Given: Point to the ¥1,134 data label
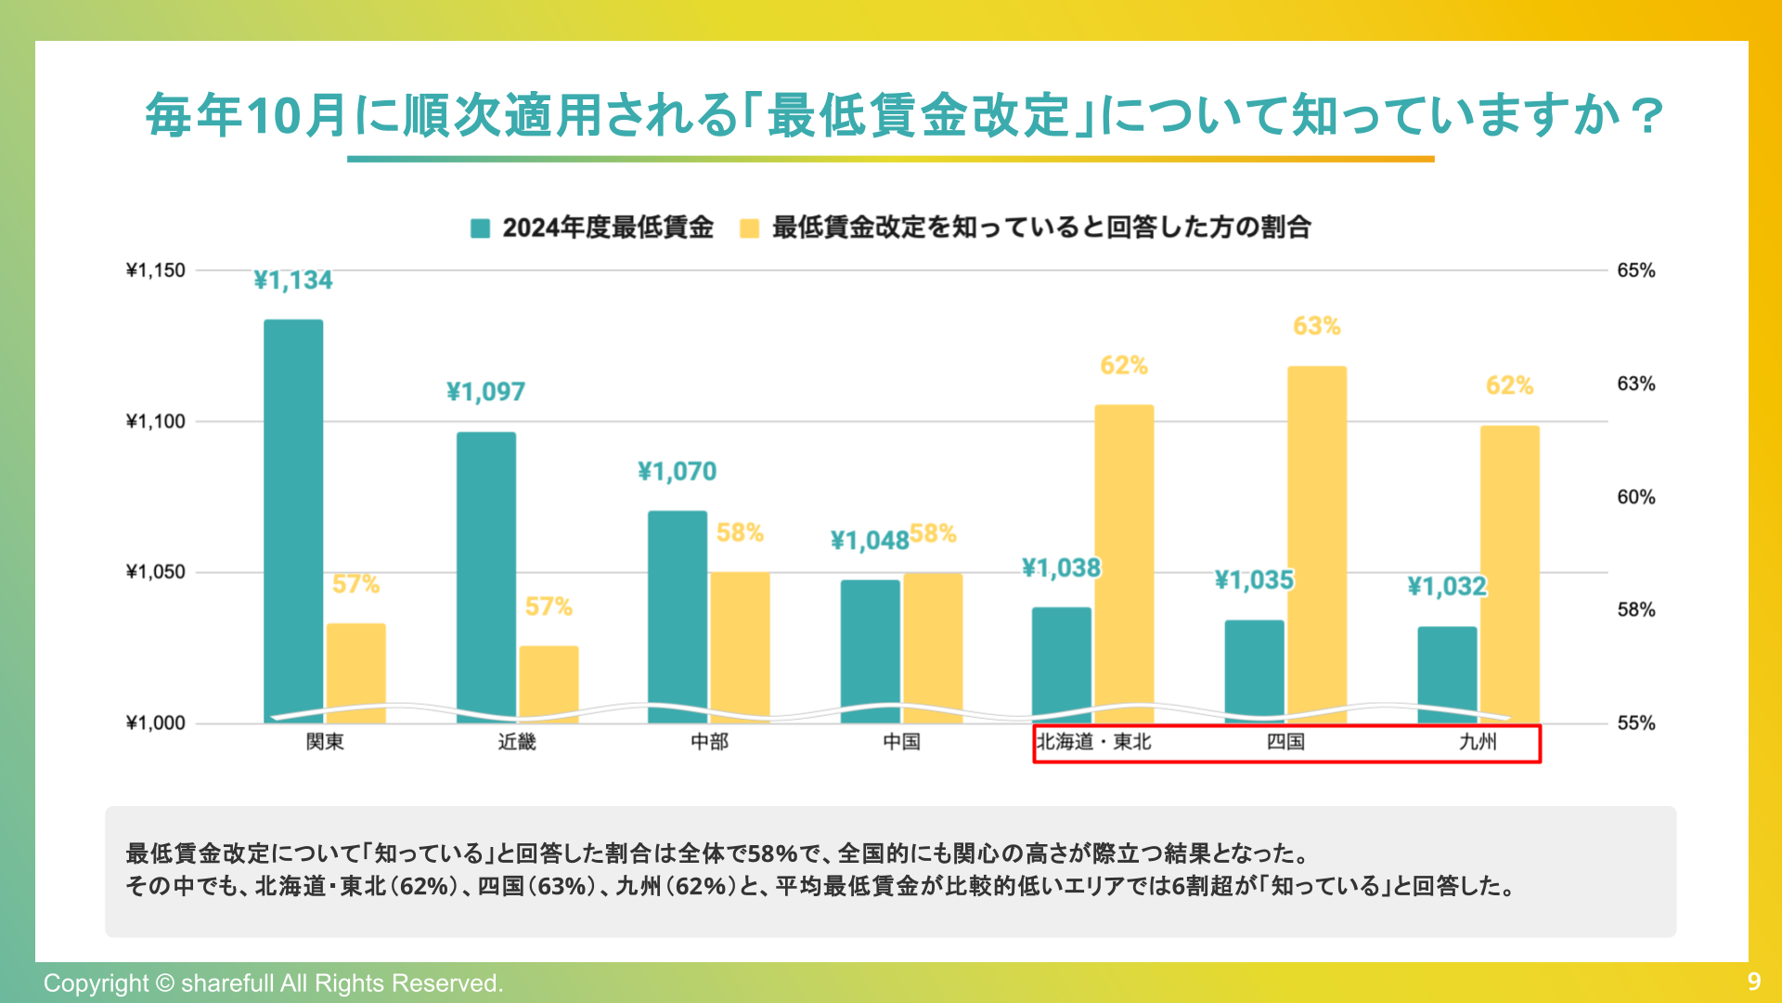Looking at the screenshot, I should (293, 280).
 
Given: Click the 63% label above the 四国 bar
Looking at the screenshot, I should (1316, 326).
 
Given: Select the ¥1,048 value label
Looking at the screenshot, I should (869, 541).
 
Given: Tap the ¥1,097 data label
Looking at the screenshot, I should (485, 392).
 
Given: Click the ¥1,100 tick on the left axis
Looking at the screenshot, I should (156, 422).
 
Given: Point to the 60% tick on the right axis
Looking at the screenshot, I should (1635, 497).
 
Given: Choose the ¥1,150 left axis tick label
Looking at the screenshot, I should (156, 270).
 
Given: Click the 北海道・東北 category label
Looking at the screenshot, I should (1093, 742).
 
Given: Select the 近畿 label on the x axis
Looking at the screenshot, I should (517, 742).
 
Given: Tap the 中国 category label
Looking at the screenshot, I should (901, 742).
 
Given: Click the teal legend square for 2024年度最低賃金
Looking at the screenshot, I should (480, 228).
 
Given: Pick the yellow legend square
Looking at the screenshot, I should (749, 228).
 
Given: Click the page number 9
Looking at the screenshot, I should (1753, 982).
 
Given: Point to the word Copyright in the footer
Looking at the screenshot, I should (96, 983).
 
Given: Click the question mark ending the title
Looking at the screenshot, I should (1647, 116).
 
